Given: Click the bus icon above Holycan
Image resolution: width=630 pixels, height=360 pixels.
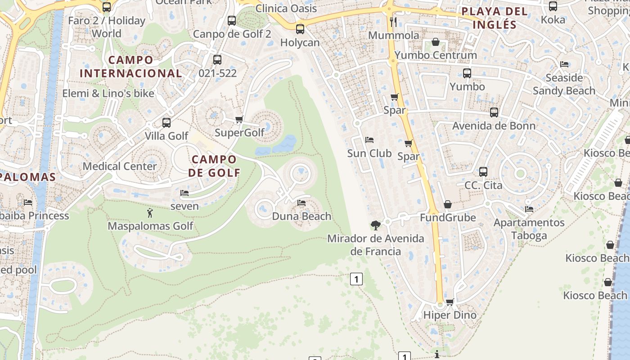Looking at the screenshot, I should click(x=300, y=29).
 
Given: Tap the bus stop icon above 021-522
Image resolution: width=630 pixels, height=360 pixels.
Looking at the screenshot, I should click(x=217, y=59).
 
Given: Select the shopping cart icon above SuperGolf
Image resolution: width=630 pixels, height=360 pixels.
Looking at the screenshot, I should click(x=239, y=119).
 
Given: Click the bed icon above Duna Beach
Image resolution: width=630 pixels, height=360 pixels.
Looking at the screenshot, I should click(x=301, y=203).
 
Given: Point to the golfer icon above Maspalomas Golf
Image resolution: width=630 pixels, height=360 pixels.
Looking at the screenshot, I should click(x=150, y=212).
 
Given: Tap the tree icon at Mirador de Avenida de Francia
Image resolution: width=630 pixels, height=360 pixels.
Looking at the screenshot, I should click(x=375, y=225).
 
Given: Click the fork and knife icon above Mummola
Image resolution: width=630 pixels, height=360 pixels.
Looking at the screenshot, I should click(x=394, y=22).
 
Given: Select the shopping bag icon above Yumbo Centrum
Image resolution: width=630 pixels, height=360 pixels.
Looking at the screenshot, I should click(x=435, y=42).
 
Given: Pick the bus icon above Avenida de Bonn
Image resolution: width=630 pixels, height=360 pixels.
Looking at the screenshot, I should click(x=494, y=112).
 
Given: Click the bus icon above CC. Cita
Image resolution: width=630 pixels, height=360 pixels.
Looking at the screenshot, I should click(x=483, y=171).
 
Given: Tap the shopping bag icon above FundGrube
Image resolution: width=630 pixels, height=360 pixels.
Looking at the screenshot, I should click(x=447, y=204).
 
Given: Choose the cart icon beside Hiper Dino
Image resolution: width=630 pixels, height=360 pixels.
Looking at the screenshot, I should click(x=450, y=302).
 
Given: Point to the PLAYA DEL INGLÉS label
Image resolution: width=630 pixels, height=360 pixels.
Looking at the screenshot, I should click(x=494, y=18).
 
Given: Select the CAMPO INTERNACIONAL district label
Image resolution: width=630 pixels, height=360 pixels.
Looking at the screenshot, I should click(x=131, y=66).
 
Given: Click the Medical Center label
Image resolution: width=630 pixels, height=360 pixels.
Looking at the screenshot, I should click(x=120, y=166).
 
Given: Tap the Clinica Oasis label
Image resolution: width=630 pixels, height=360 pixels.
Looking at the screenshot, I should click(x=286, y=9).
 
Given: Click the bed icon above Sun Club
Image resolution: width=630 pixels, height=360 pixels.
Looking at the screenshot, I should click(x=369, y=140).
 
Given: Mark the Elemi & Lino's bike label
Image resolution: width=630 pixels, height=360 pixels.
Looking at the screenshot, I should click(x=108, y=94).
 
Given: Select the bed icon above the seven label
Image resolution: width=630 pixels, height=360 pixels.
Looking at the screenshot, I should click(x=184, y=193).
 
